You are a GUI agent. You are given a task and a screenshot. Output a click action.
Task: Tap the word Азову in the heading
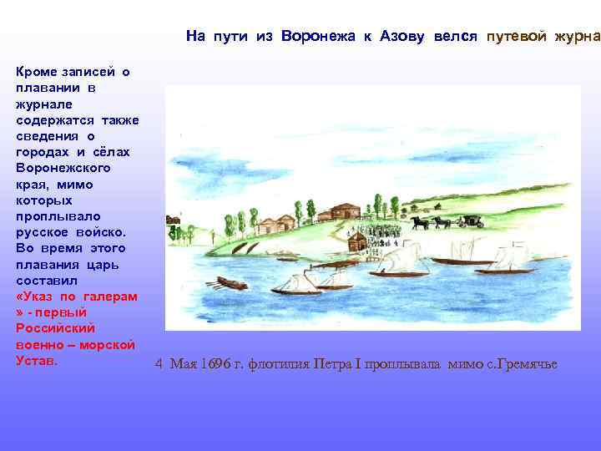click(404, 36)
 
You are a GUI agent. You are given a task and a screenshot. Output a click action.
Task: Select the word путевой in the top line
click(518, 36)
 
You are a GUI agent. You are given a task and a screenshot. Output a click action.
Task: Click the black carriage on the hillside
click(471, 221)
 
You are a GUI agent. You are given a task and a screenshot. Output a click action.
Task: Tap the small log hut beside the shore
click(357, 242)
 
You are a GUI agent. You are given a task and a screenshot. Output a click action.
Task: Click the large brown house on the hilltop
click(344, 210)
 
